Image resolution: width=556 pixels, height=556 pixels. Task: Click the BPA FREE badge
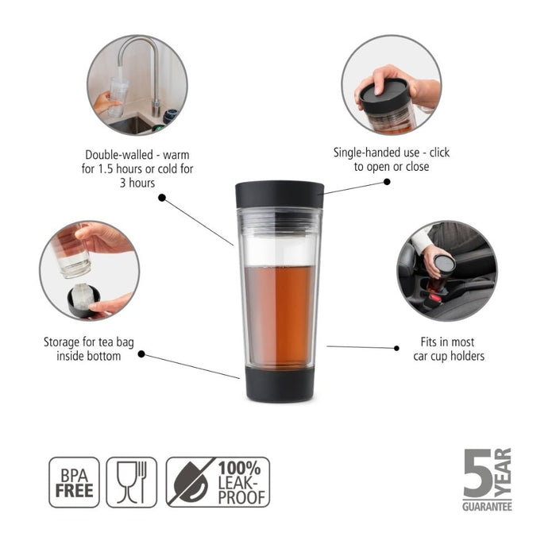[x=75, y=482]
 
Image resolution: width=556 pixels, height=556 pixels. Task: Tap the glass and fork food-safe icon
[x=132, y=482]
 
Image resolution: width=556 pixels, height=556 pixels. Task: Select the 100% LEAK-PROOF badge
[x=218, y=482]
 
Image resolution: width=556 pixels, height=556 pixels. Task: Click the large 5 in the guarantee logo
[x=477, y=473]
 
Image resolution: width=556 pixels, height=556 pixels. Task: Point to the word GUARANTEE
[x=487, y=506]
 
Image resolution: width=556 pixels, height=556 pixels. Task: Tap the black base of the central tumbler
[x=280, y=384]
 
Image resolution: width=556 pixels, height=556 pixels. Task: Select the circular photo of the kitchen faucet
[x=137, y=84]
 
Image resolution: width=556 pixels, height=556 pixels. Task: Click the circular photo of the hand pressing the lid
[x=391, y=84]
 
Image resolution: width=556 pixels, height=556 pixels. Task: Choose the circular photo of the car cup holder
[x=446, y=271]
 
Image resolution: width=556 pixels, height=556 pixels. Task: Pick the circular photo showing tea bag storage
[x=89, y=270]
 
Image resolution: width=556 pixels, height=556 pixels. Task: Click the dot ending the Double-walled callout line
[x=162, y=198]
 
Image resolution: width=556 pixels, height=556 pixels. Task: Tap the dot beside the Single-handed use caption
[x=387, y=182]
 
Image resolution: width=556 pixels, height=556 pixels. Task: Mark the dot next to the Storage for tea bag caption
[x=141, y=354]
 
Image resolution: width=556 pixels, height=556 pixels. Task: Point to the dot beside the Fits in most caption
[x=397, y=347]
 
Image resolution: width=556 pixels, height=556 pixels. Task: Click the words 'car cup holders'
[x=449, y=356]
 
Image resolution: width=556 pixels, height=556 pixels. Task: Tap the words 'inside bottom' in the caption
[x=89, y=356]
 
